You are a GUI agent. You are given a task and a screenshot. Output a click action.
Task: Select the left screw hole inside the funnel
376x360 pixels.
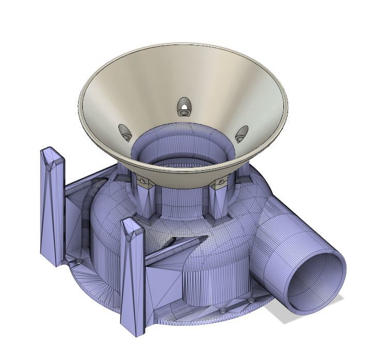(x=126, y=133)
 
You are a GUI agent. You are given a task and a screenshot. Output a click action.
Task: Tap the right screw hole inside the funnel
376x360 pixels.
(x=242, y=134)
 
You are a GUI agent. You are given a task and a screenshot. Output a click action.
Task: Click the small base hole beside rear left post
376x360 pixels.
(x=77, y=263)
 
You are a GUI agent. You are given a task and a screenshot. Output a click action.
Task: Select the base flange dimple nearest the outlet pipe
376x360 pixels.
(x=251, y=299)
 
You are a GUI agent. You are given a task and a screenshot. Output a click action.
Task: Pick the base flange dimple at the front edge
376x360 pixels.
(x=223, y=310)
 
